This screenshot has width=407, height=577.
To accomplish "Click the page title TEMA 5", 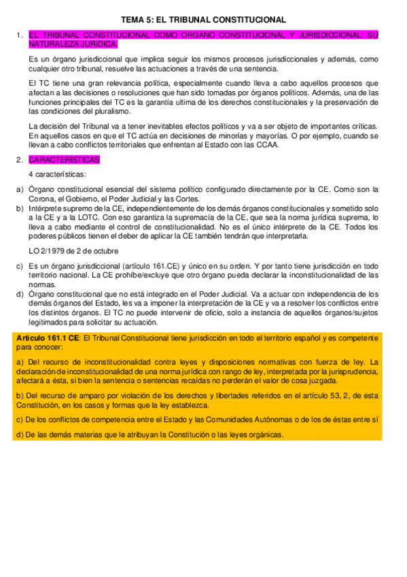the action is [203, 20].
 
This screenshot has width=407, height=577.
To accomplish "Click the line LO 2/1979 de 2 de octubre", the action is [73, 251].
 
